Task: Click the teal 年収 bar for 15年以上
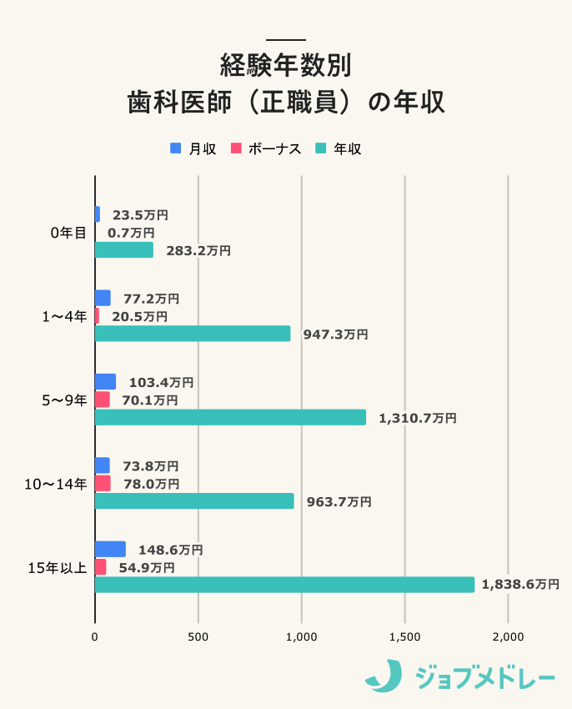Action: point(284,585)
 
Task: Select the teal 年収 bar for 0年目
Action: point(123,250)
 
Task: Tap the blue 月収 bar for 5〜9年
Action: point(105,382)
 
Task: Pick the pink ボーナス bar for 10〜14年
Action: point(103,483)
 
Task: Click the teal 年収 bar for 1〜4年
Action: point(193,334)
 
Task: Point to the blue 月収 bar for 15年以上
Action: point(110,549)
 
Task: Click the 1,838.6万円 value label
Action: point(520,585)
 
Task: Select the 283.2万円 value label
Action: point(198,250)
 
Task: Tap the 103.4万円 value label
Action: point(161,382)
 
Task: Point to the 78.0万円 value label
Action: point(151,483)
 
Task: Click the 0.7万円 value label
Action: point(131,232)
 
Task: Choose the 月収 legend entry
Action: point(193,148)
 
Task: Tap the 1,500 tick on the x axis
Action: point(404,636)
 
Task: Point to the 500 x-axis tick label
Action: point(198,636)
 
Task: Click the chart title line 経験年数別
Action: point(285,64)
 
